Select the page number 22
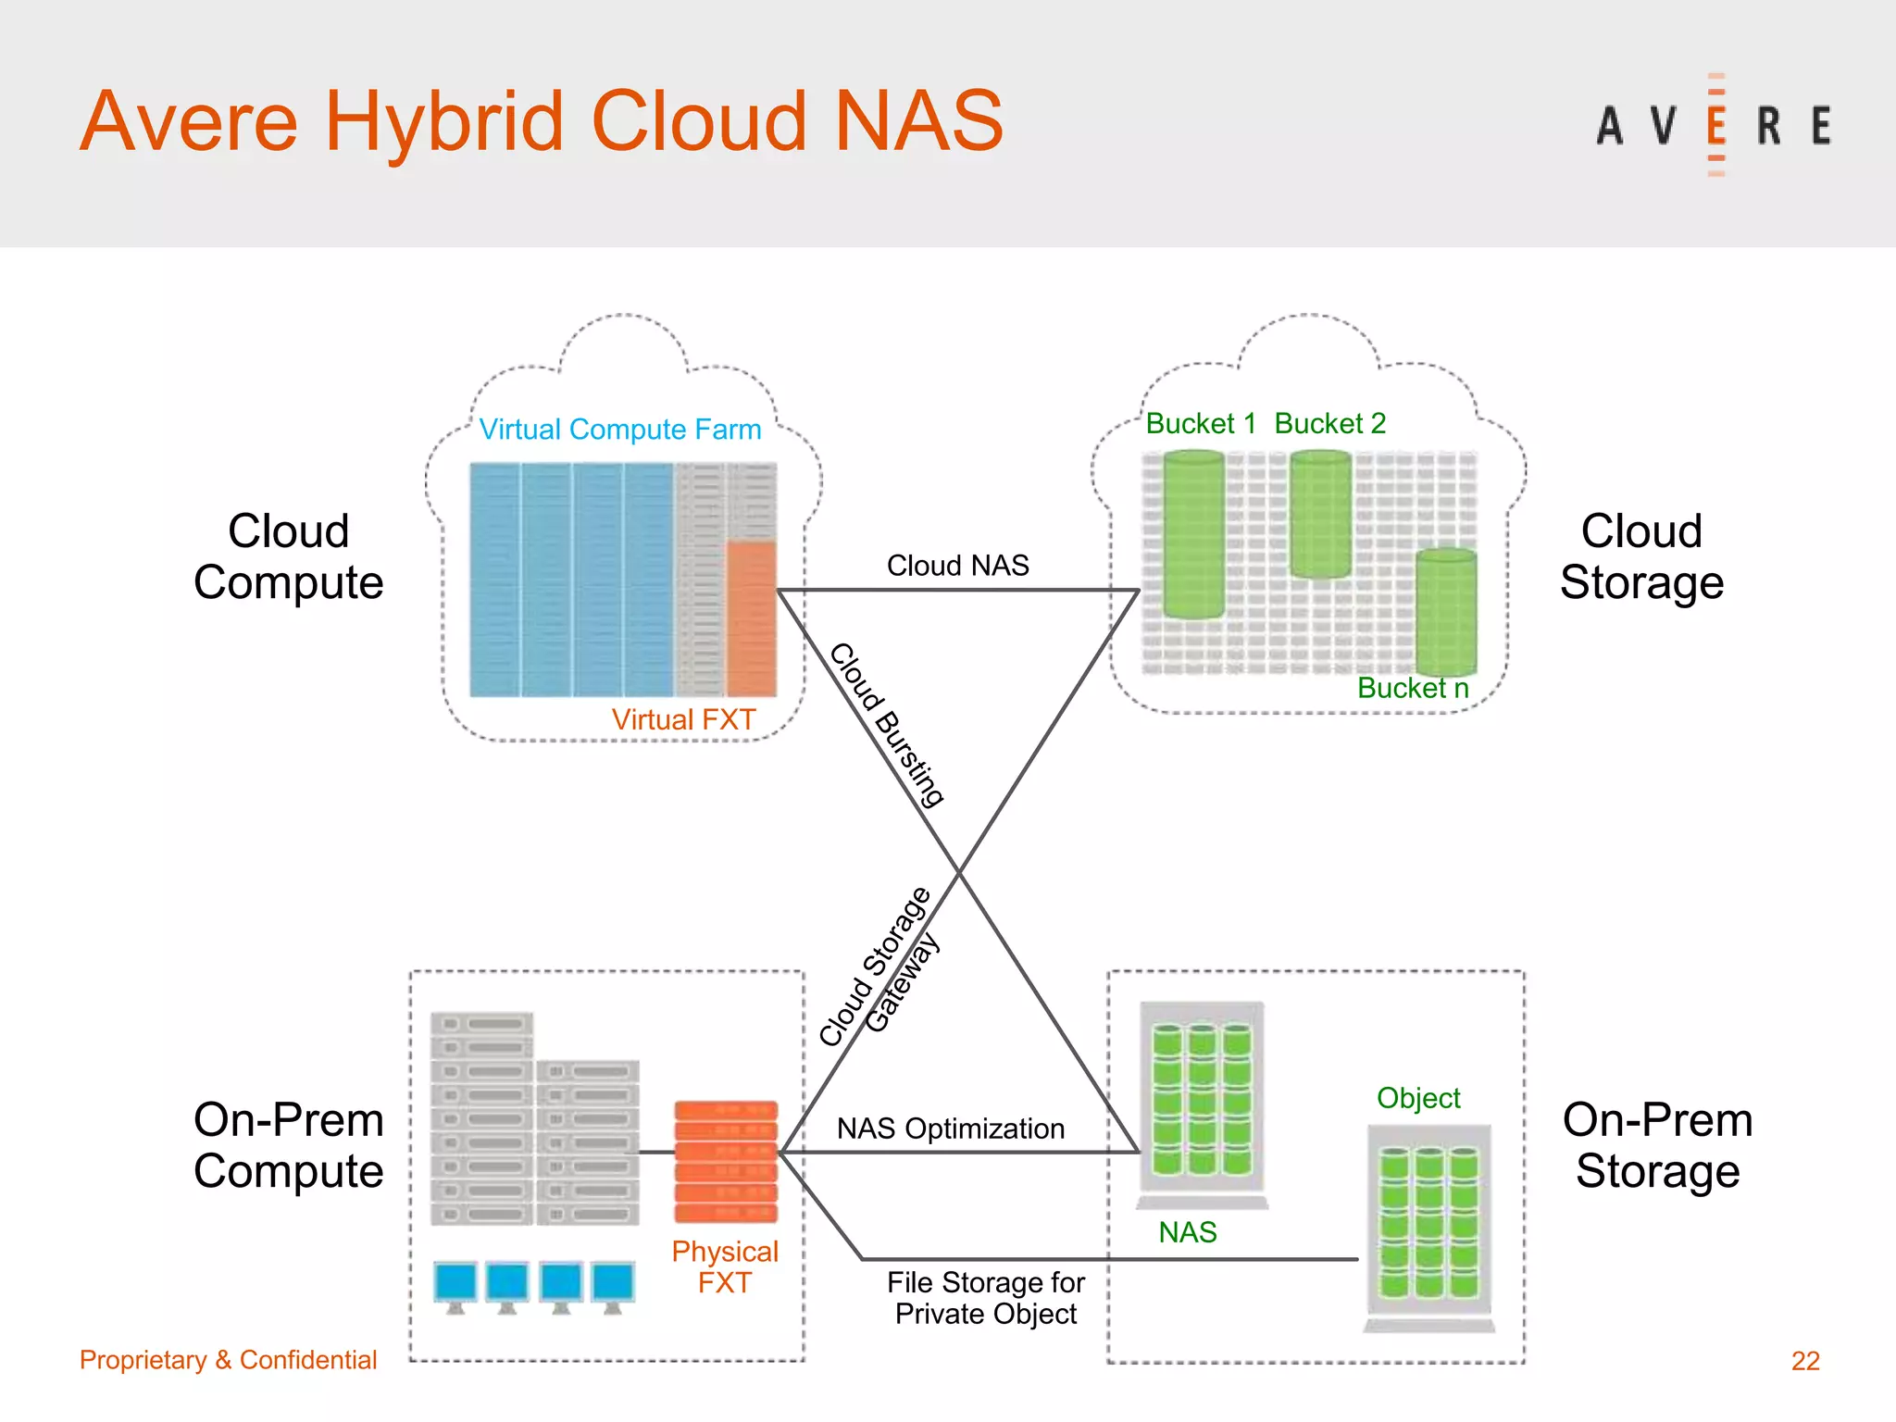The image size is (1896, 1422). click(1804, 1360)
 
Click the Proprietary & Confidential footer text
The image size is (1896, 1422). click(228, 1359)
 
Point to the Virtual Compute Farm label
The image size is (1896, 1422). click(619, 429)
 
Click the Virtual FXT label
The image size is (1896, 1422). click(683, 719)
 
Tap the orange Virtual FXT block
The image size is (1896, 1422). click(751, 617)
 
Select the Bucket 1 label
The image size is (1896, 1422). click(1200, 423)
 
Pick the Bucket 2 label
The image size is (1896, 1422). click(1329, 423)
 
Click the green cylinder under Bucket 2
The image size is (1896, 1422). click(1320, 514)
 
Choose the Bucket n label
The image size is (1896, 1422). click(1413, 688)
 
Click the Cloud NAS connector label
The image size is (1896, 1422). click(957, 565)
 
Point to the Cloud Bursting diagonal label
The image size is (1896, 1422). click(887, 724)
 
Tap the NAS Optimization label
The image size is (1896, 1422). click(950, 1129)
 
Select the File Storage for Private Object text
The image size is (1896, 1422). click(985, 1298)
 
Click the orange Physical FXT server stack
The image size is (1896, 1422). click(726, 1161)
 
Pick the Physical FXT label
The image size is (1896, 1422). click(725, 1266)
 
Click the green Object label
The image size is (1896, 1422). click(1418, 1098)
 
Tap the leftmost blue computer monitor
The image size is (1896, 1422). click(455, 1285)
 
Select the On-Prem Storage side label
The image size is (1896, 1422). click(1657, 1145)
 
